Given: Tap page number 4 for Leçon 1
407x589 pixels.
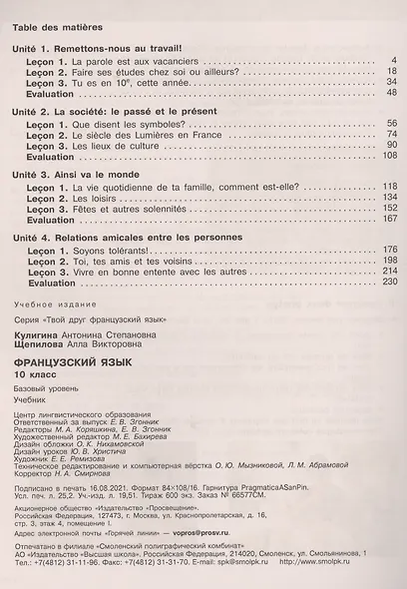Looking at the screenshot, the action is click(394, 60).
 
